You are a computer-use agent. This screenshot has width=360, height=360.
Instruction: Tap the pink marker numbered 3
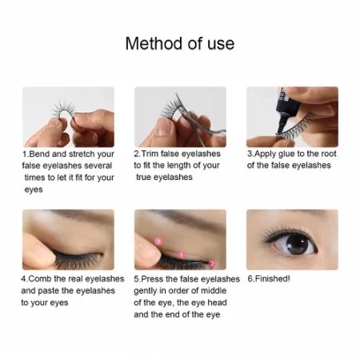point(158,240)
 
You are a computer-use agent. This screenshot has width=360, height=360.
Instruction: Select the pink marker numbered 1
point(182,255)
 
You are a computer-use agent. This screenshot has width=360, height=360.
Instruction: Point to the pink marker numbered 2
point(212,263)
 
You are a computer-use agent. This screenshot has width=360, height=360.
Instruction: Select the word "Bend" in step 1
point(41,154)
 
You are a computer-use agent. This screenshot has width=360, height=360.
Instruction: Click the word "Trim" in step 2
point(154,154)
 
